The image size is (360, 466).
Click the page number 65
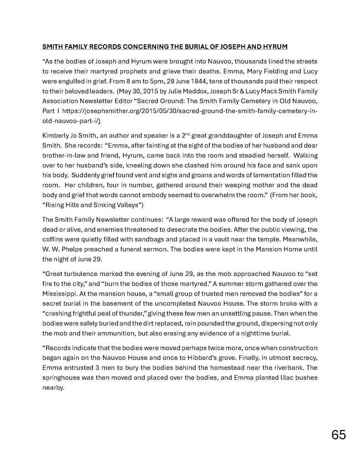pyautogui.click(x=338, y=435)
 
